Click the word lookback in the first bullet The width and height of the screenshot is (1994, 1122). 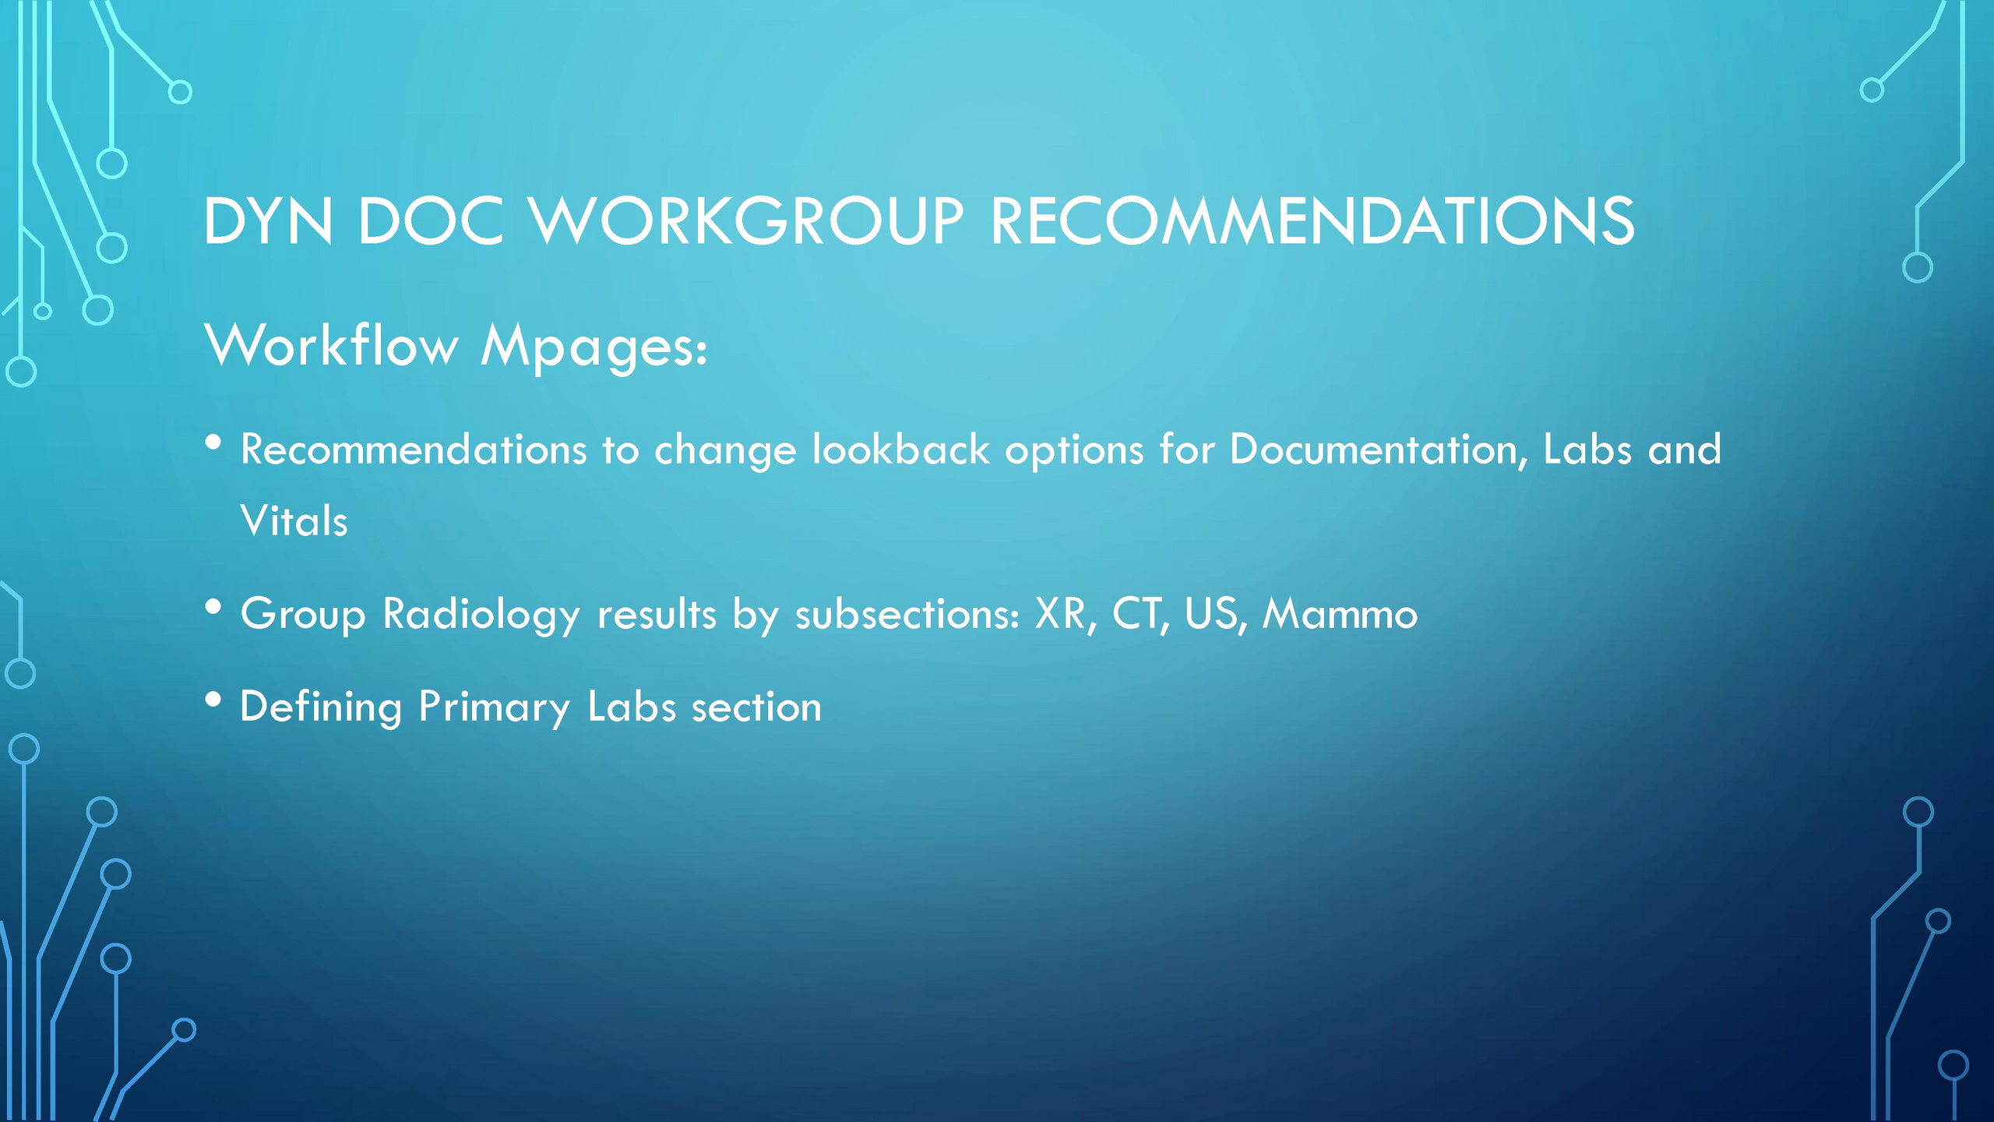click(x=900, y=450)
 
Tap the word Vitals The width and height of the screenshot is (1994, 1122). click(x=294, y=520)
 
